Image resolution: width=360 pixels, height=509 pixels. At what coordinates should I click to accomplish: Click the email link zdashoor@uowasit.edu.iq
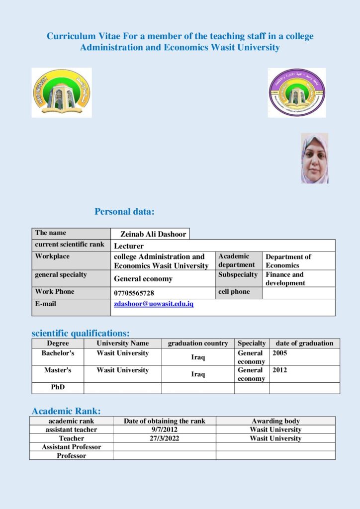click(154, 304)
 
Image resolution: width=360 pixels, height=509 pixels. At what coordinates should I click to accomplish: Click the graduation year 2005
click(280, 353)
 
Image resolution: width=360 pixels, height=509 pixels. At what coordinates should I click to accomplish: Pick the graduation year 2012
click(280, 370)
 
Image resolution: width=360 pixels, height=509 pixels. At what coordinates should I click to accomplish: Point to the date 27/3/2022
click(164, 438)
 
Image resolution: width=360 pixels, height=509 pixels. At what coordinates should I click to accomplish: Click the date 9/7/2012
click(164, 429)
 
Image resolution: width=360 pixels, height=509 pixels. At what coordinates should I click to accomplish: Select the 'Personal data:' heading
click(125, 212)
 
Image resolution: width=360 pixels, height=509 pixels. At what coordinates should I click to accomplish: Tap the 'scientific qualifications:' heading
click(81, 333)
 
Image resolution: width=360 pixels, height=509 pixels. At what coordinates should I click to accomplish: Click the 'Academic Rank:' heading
click(66, 411)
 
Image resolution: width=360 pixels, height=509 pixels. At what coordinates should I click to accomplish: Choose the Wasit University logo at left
click(62, 93)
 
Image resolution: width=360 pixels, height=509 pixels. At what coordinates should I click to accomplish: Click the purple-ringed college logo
click(297, 93)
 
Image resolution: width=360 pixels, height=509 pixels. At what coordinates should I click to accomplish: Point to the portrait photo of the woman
click(314, 158)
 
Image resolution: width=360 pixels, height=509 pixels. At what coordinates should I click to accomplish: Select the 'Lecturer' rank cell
click(129, 246)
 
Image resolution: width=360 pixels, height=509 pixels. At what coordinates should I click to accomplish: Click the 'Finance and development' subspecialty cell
click(285, 278)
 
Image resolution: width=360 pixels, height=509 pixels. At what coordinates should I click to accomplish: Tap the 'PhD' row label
click(58, 387)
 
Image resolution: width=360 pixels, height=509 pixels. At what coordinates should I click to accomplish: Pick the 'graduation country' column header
click(198, 343)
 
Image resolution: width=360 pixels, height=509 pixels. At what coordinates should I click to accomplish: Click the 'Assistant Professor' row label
click(71, 447)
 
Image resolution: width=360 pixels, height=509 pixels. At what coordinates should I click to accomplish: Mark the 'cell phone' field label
click(234, 292)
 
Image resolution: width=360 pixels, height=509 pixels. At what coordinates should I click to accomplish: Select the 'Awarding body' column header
click(275, 421)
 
